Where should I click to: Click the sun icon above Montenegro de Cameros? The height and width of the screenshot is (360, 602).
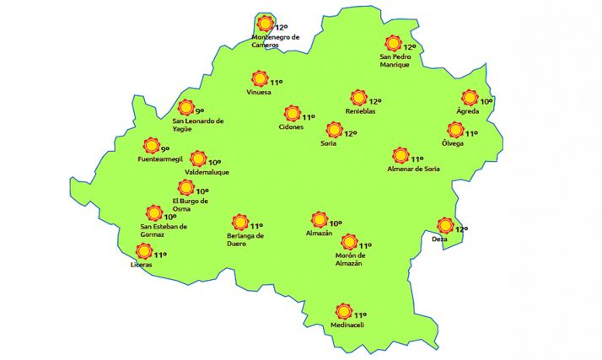266,24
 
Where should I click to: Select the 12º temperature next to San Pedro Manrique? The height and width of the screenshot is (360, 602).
411,47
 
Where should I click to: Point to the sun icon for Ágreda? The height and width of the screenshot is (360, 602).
470,98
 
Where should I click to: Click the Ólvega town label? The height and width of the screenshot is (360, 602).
453,142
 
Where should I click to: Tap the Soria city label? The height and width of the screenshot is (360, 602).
329,144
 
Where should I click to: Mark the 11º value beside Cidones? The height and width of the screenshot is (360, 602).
309,117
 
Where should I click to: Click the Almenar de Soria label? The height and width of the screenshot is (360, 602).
413,169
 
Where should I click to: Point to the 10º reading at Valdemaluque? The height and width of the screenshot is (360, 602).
214,162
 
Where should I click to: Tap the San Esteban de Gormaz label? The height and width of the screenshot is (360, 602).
164,229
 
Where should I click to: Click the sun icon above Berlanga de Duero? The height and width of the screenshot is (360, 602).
239,223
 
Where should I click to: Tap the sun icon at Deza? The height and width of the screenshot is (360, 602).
445,225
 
